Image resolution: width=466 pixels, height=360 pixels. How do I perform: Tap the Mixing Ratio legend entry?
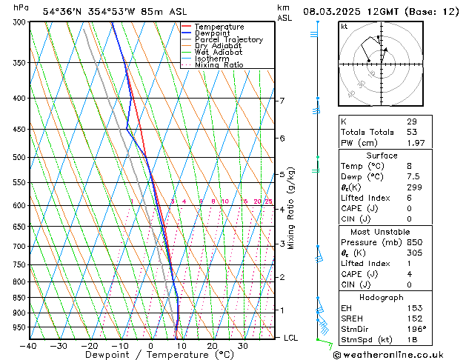click(219, 65)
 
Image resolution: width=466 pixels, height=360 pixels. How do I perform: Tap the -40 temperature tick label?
click(29, 346)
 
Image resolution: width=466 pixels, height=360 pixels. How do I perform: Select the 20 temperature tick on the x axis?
click(212, 346)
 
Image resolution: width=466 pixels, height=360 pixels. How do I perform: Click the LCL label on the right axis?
click(292, 338)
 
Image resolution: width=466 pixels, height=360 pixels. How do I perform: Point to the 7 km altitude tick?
click(282, 101)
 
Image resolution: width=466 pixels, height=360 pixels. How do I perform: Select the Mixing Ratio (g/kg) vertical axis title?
click(291, 208)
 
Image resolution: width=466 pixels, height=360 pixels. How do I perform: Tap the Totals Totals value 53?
click(411, 132)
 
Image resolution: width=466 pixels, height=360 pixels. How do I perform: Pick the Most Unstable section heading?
click(382, 232)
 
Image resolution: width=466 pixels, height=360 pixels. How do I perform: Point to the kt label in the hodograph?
click(344, 27)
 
